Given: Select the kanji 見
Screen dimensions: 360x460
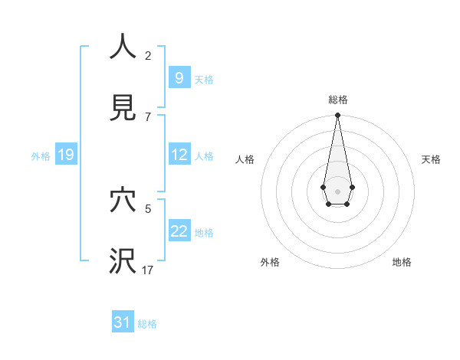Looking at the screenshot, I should click(123, 108).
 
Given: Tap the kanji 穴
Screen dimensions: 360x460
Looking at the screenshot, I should click(123, 200).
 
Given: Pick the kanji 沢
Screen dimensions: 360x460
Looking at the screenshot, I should click(123, 261).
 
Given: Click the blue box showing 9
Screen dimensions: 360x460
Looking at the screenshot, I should click(179, 78).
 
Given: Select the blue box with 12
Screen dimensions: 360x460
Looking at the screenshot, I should click(179, 155).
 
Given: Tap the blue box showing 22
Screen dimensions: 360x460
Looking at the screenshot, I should click(179, 231).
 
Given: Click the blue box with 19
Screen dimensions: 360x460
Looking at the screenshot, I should click(65, 155).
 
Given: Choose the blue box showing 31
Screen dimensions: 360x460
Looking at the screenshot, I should click(123, 322).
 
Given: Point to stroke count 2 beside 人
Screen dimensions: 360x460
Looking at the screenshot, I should click(148, 55).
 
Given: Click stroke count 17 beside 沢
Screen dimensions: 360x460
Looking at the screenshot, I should click(148, 270).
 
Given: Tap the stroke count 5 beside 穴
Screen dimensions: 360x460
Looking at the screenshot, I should click(148, 208).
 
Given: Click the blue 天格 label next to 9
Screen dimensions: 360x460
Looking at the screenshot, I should click(204, 79).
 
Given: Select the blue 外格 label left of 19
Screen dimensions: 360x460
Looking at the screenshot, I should click(41, 156).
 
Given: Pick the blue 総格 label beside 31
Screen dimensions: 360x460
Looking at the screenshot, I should click(147, 324).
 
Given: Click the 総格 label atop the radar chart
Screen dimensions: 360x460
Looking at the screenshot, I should click(338, 100).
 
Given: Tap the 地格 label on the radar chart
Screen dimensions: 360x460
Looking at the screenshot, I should click(402, 262).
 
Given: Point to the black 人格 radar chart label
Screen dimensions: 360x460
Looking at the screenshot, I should click(245, 159).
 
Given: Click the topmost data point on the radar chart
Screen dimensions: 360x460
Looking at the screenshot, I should click(337, 115).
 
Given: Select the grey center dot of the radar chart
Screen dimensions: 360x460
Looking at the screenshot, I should click(337, 190).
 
